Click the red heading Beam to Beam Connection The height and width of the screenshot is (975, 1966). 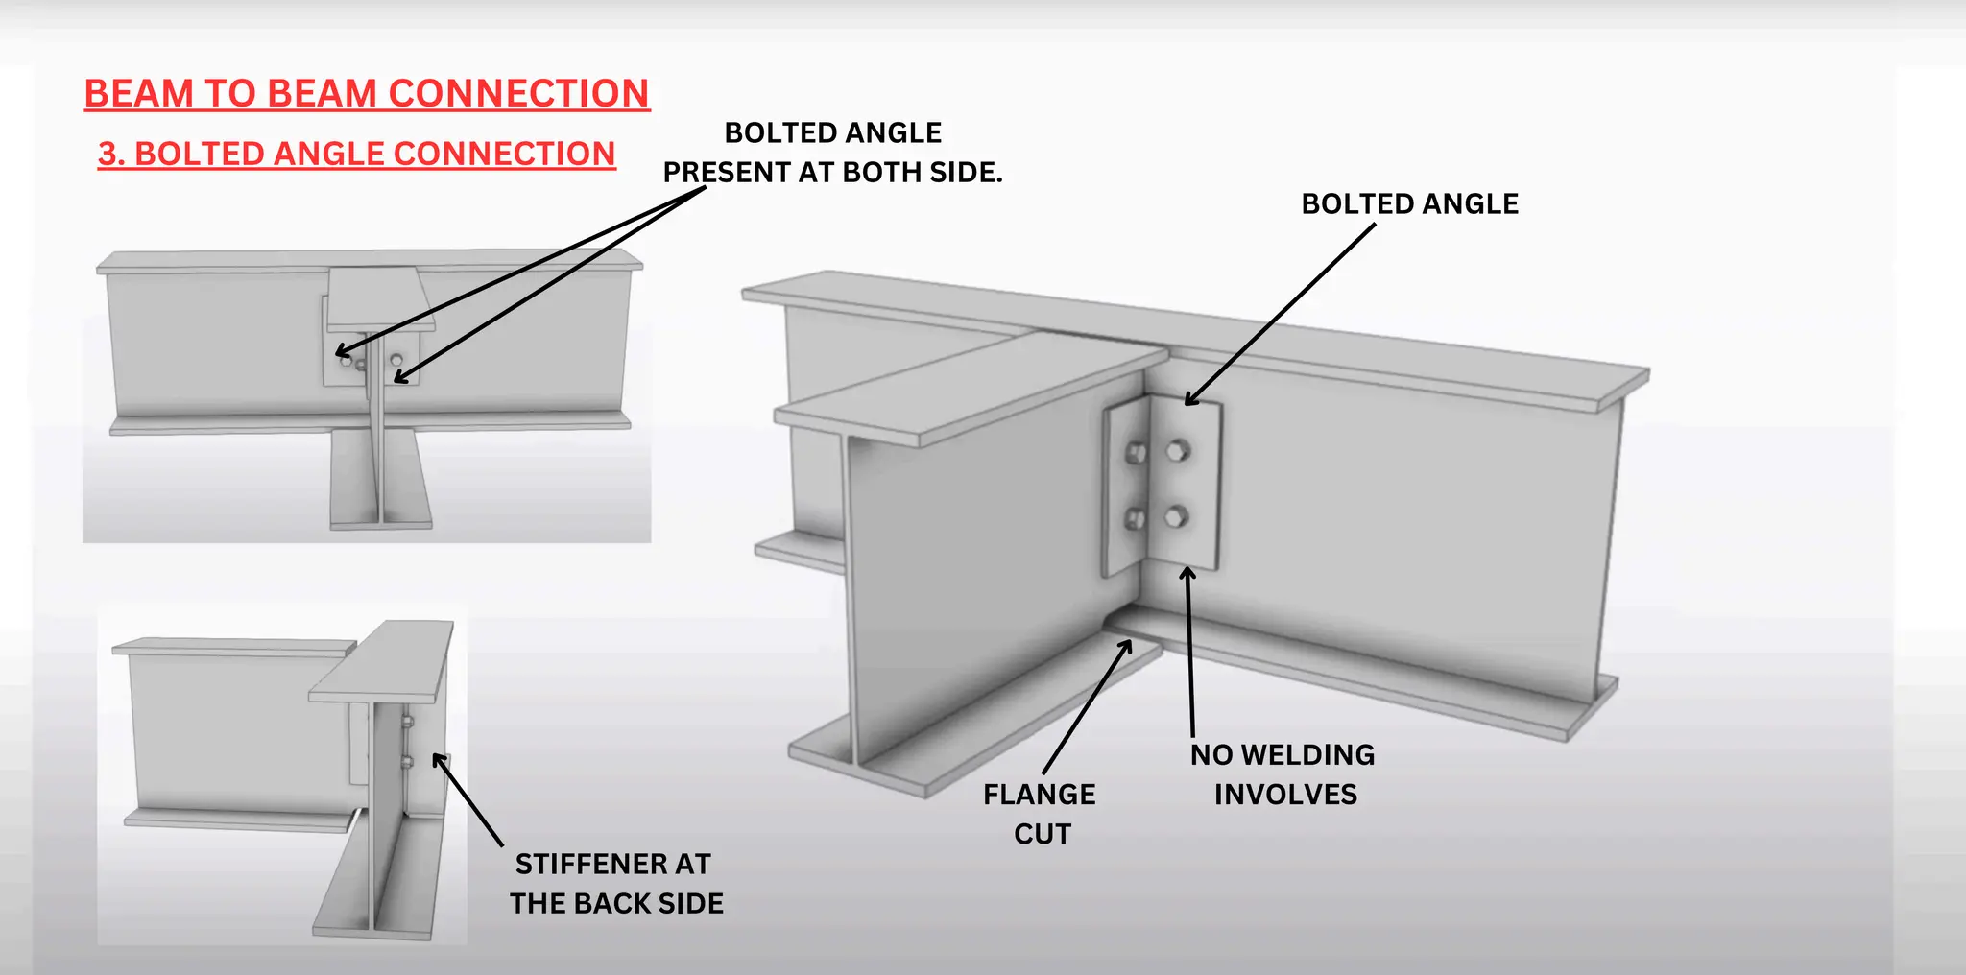click(x=367, y=94)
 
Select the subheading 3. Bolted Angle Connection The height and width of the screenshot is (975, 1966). click(x=356, y=154)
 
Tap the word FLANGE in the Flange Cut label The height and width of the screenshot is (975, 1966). click(x=1039, y=795)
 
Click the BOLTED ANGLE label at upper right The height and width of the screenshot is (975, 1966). click(x=1409, y=204)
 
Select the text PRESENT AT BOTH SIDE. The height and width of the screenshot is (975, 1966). click(x=832, y=173)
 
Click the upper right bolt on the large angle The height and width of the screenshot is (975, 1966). click(x=1177, y=450)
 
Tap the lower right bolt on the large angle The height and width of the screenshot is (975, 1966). click(x=1176, y=518)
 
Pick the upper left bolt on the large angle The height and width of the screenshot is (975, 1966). click(x=1136, y=453)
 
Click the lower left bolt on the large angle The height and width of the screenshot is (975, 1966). click(x=1135, y=520)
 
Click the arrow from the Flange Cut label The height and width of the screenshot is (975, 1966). click(x=1087, y=708)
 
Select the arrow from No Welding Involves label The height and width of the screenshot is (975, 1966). click(x=1190, y=653)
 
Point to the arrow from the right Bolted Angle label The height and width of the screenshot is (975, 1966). click(x=1280, y=314)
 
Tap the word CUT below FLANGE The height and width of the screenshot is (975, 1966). click(x=1042, y=834)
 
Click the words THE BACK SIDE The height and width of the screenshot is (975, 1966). click(x=616, y=904)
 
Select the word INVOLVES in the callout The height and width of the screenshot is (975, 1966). click(x=1285, y=795)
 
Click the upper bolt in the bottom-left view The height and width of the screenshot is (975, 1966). click(x=407, y=722)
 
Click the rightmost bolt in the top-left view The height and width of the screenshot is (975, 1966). click(x=396, y=360)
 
